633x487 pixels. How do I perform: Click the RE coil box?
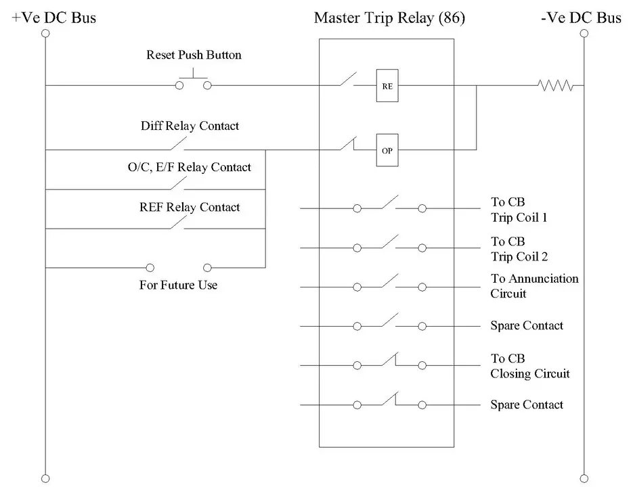pos(387,85)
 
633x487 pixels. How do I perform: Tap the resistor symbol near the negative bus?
pos(555,85)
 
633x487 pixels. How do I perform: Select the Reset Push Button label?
pos(194,55)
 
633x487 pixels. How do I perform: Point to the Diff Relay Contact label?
pos(190,126)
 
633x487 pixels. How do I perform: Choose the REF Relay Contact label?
pos(190,207)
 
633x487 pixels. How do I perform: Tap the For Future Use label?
pos(178,285)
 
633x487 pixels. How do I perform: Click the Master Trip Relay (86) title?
pos(389,18)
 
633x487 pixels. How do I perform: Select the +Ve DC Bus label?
pos(54,18)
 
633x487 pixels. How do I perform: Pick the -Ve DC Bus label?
pos(581,18)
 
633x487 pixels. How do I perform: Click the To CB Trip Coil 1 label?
pos(519,210)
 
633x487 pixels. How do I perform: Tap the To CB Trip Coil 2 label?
pos(519,249)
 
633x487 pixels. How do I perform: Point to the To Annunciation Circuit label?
pos(534,286)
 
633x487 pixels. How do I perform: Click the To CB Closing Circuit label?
pos(529,366)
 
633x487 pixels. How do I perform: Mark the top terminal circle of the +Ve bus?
pos(45,32)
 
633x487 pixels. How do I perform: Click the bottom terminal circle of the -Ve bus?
pos(583,477)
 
